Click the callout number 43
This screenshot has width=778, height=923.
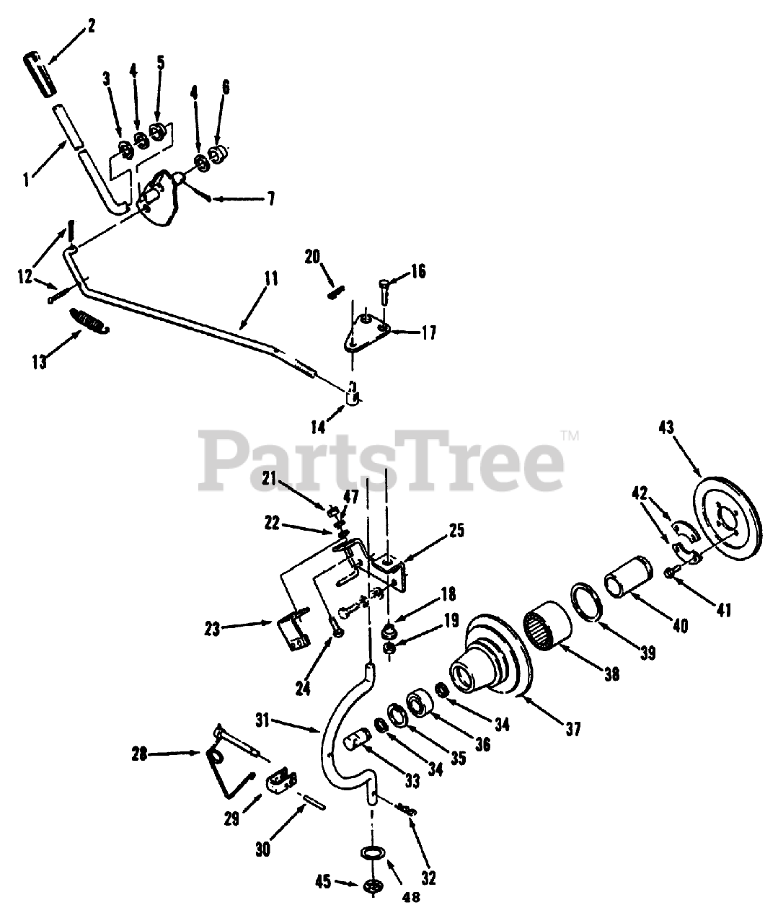[666, 428]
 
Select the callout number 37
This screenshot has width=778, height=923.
[573, 729]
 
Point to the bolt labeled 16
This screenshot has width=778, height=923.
[384, 290]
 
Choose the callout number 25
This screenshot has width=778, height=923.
[456, 531]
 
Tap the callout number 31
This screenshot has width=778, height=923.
[265, 720]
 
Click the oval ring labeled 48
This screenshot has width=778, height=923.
[372, 853]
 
